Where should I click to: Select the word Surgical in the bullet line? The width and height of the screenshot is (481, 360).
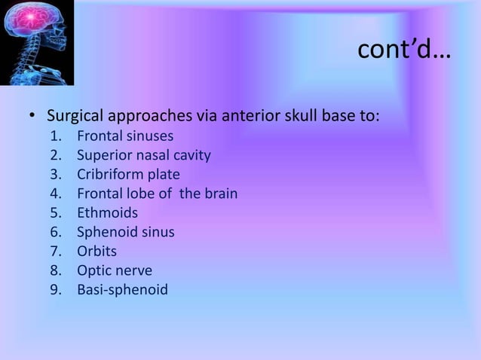pyautogui.click(x=76, y=117)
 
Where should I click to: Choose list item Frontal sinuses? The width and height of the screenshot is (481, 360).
pyautogui.click(x=125, y=136)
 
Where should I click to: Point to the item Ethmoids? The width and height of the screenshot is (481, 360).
pyautogui.click(x=107, y=213)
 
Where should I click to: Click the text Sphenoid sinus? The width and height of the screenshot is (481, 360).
pyautogui.click(x=125, y=232)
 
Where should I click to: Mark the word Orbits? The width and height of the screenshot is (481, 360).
pyautogui.click(x=97, y=251)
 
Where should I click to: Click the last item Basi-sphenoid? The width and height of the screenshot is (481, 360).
pyautogui.click(x=122, y=289)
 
